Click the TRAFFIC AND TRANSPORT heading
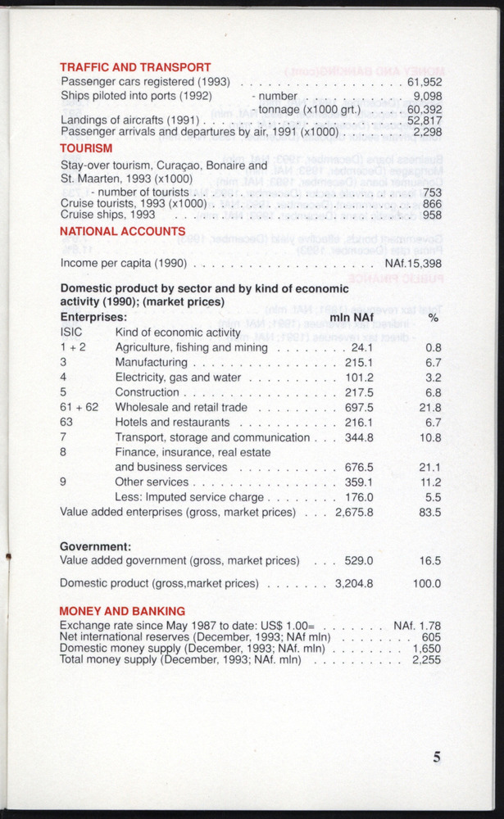tap(136, 67)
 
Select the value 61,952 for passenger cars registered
tap(425, 82)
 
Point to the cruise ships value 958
tap(432, 215)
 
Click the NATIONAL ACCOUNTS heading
tap(123, 232)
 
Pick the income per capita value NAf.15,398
tap(413, 264)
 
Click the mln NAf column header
tap(351, 317)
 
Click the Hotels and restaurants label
tap(172, 422)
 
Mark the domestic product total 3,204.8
tap(354, 584)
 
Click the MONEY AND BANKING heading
tap(122, 611)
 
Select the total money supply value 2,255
tap(426, 659)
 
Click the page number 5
tap(437, 757)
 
